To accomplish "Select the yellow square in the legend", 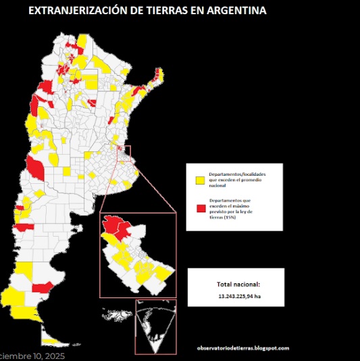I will [200, 180].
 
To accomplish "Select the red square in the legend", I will [200, 208].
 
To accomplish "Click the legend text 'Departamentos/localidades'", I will [236, 174].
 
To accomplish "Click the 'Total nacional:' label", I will [238, 285].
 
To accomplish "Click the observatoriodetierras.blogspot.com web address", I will [243, 348].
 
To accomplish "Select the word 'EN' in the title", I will [197, 11].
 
